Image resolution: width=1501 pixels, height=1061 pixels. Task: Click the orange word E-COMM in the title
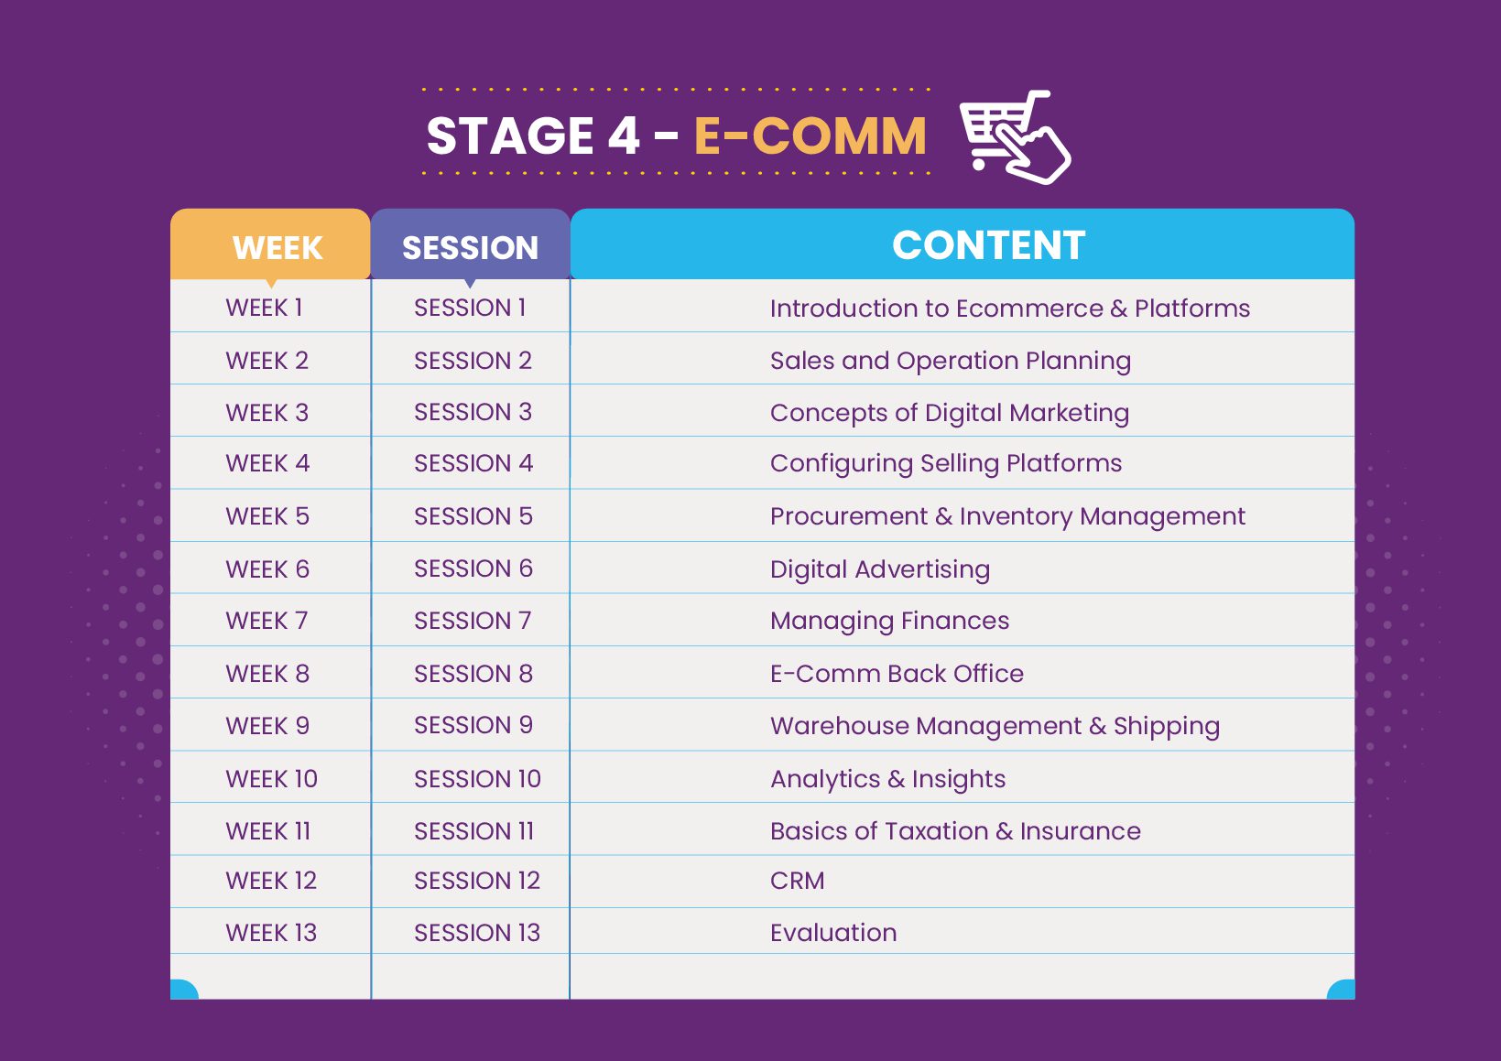click(x=810, y=136)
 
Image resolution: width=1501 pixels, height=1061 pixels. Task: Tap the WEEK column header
click(x=277, y=248)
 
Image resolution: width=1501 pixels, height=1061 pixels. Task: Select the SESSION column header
click(x=470, y=248)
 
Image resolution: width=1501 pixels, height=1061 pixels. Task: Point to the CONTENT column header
click(x=988, y=245)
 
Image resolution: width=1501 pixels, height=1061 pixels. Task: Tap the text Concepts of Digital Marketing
click(x=950, y=413)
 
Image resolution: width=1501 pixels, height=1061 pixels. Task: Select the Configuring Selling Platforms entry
click(x=945, y=463)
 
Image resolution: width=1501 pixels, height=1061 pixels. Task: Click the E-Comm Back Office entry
click(x=897, y=674)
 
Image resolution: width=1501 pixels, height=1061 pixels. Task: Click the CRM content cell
click(x=798, y=881)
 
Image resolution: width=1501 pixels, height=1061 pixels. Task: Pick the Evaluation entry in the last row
click(x=833, y=933)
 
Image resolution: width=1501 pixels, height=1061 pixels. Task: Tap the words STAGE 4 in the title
click(x=533, y=136)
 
